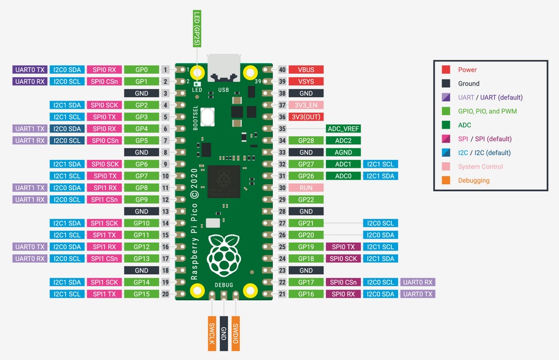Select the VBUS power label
point(306,70)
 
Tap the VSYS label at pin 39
point(306,82)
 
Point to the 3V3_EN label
point(306,105)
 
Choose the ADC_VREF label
point(343,129)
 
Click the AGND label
point(343,152)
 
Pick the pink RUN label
point(306,188)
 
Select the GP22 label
point(306,200)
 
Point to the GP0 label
point(141,70)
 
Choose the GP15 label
point(141,294)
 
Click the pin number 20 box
point(165,294)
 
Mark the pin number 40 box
point(282,70)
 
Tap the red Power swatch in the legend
point(446,70)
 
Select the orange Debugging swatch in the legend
point(446,181)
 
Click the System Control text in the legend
point(480,167)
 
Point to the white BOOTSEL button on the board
point(210,117)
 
